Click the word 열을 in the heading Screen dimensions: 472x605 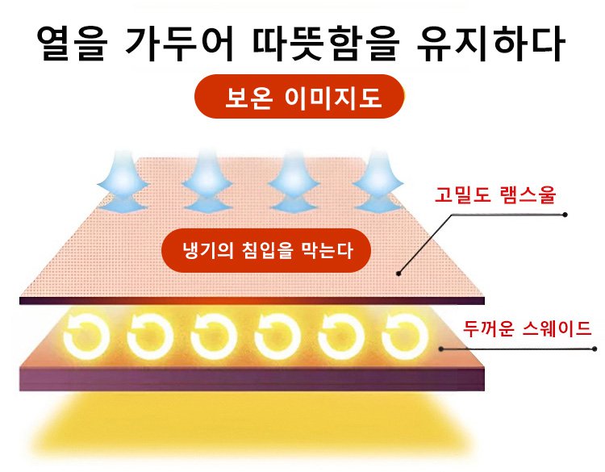(x=67, y=45)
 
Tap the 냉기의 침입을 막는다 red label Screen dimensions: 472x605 (x=267, y=249)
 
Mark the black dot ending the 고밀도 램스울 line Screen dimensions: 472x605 (x=565, y=215)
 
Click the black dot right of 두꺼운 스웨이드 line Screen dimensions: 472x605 (x=595, y=349)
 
